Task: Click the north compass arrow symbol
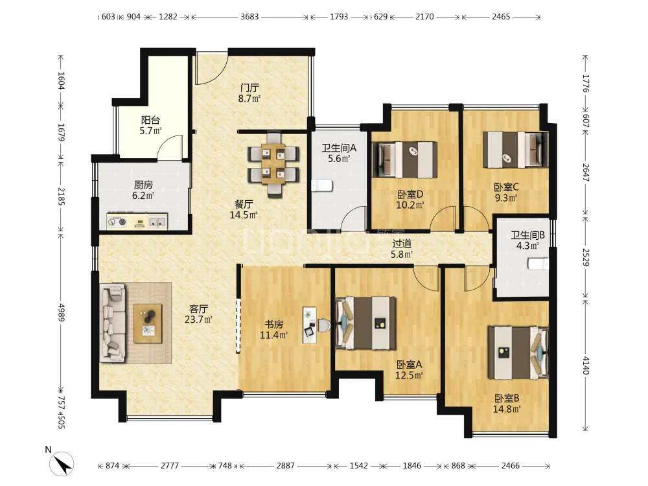[x=62, y=463]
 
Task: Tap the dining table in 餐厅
[x=273, y=164]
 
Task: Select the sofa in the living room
[x=113, y=322]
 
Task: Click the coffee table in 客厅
[x=148, y=323]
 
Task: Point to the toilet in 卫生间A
[x=322, y=185]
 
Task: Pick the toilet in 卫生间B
[x=538, y=264]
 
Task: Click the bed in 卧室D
[x=405, y=160]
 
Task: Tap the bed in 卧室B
[x=518, y=353]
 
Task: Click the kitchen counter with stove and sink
[x=137, y=222]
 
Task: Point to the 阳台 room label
[x=150, y=121]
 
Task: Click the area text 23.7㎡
[x=198, y=319]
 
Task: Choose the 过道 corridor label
[x=402, y=244]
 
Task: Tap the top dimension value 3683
[x=249, y=17]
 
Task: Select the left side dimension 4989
[x=61, y=313]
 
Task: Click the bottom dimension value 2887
[x=286, y=466]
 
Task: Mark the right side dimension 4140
[x=586, y=365]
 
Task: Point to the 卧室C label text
[x=506, y=187]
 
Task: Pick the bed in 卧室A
[x=365, y=323]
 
